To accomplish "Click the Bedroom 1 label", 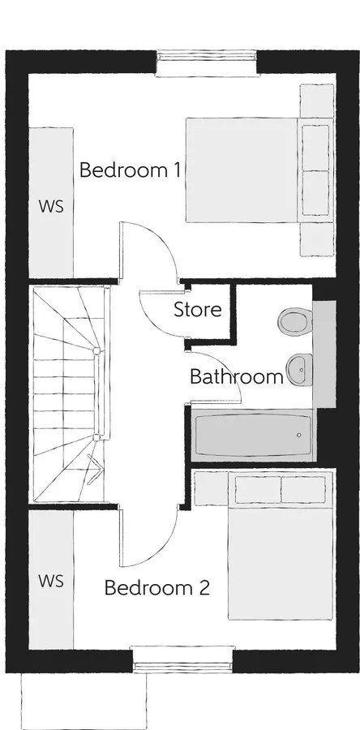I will point(130,171).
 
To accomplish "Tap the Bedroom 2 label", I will point(156,588).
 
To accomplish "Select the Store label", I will point(197,310).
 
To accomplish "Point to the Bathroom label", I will point(236,377).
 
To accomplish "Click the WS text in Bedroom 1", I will point(51,205).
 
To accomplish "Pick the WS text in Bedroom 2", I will point(51,581).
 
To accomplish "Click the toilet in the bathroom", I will point(293,321).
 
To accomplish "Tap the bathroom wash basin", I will point(298,369).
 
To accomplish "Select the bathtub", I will point(252,435).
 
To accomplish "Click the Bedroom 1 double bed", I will point(258,170).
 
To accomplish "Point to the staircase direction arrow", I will point(94,468).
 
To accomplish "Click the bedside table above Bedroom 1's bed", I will point(316,101).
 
